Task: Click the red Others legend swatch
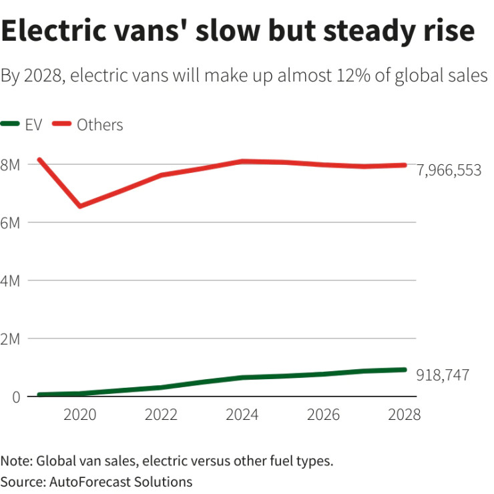[61, 124]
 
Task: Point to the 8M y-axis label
[10, 164]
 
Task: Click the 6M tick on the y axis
[10, 222]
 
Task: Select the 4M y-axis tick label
[10, 280]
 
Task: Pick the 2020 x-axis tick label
[80, 415]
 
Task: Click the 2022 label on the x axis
[162, 415]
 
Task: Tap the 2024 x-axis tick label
[243, 415]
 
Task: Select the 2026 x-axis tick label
[324, 415]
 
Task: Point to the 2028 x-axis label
[405, 415]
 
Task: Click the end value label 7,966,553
[449, 171]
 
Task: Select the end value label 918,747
[442, 375]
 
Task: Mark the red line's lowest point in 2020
[80, 206]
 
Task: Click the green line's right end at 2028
[405, 370]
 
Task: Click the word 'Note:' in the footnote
[17, 461]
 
